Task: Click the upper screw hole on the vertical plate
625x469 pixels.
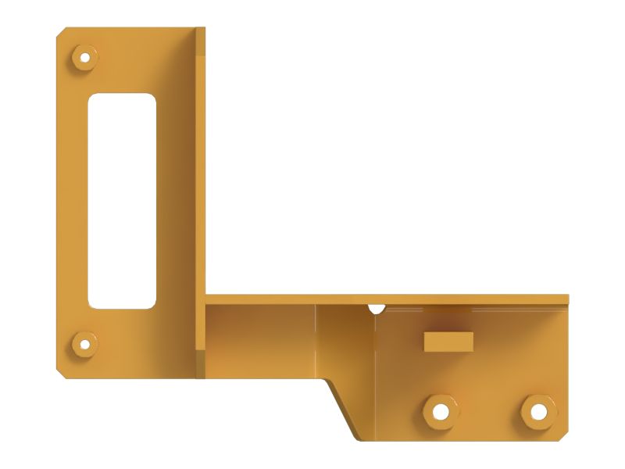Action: (x=83, y=57)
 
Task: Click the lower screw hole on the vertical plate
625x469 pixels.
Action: (x=83, y=343)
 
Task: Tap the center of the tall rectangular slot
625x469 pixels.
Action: (x=122, y=201)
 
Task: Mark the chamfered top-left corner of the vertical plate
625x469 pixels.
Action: (x=61, y=34)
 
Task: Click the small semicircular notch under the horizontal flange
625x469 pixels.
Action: (x=377, y=309)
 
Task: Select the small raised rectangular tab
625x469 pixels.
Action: (x=448, y=341)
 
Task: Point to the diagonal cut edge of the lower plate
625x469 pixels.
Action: (x=341, y=406)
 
